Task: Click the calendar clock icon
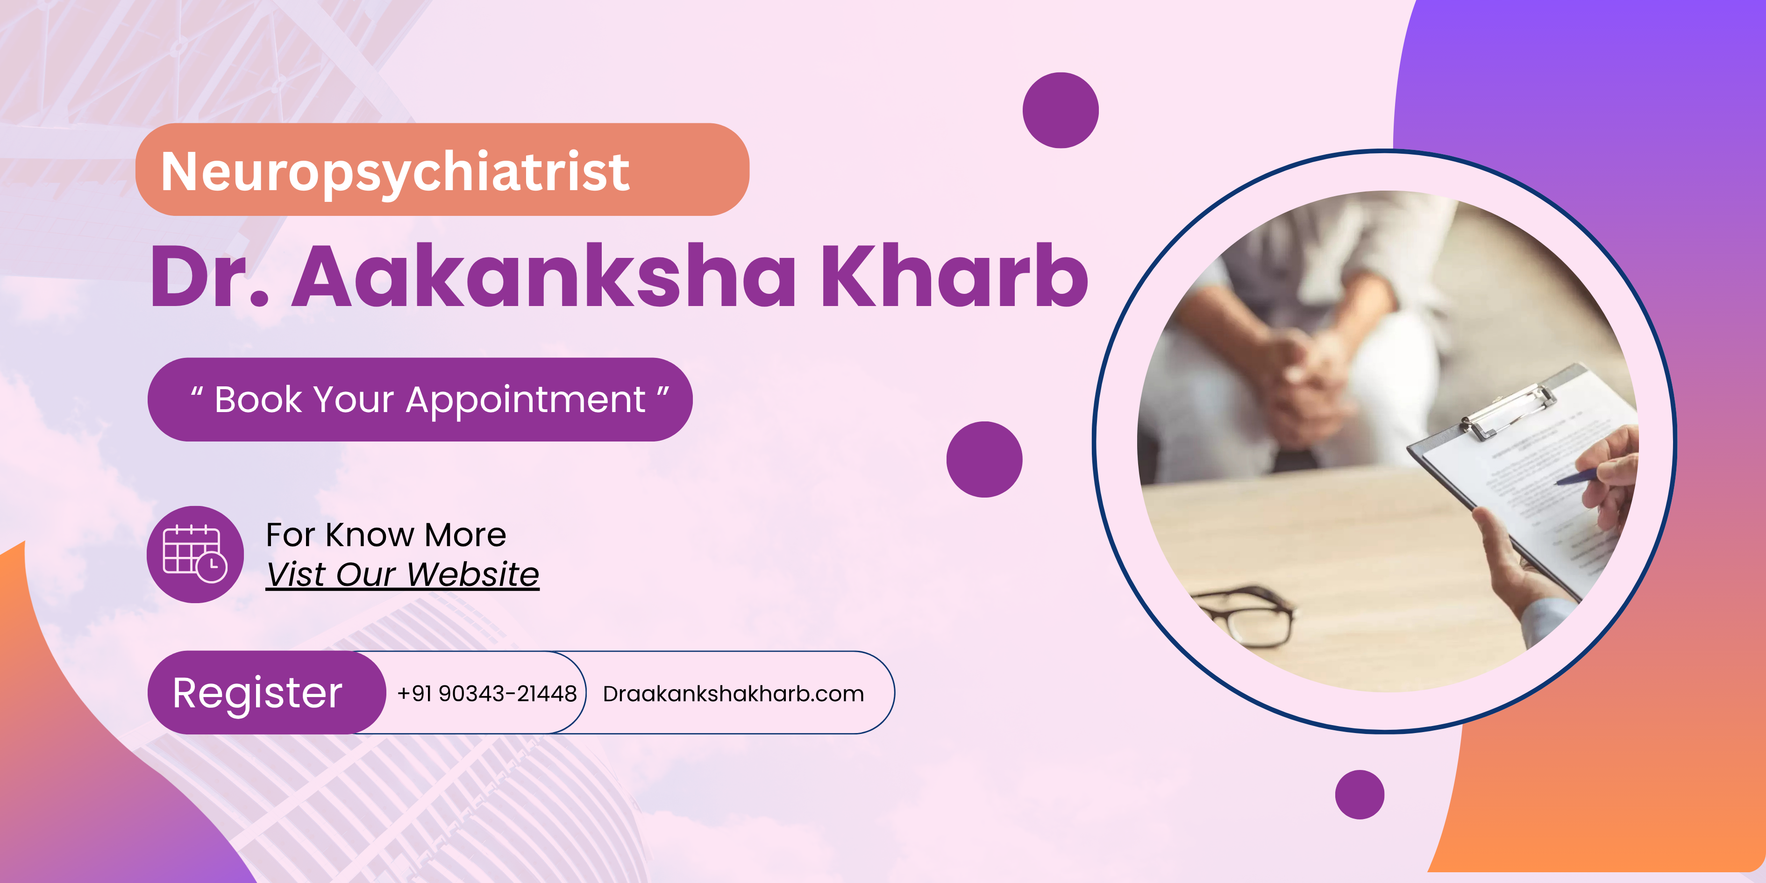click(x=195, y=555)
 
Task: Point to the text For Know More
click(x=386, y=535)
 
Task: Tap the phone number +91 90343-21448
click(x=487, y=694)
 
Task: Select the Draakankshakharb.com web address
click(x=733, y=694)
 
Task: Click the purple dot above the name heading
click(x=1061, y=110)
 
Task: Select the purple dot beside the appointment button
click(x=984, y=459)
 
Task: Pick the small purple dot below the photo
click(x=1360, y=795)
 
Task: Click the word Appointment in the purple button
click(x=526, y=400)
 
